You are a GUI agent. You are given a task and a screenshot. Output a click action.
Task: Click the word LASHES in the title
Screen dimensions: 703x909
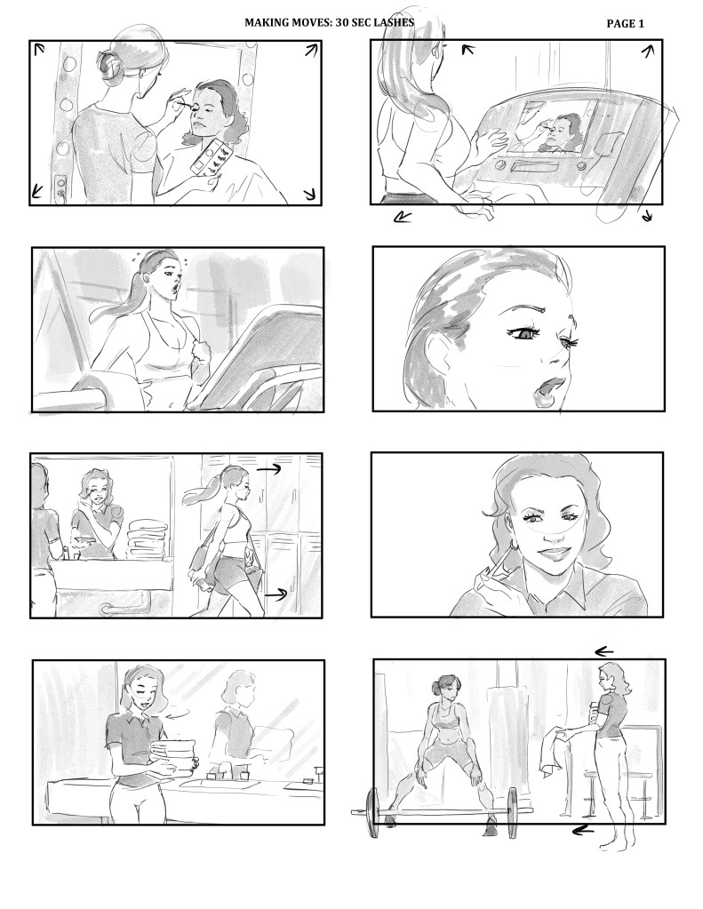pyautogui.click(x=395, y=22)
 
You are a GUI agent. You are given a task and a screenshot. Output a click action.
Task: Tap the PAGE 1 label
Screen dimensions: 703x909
pyautogui.click(x=625, y=24)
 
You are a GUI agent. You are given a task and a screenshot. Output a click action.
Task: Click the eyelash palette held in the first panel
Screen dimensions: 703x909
pyautogui.click(x=212, y=157)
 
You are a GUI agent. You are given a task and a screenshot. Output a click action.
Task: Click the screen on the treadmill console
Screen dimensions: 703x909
pyautogui.click(x=552, y=126)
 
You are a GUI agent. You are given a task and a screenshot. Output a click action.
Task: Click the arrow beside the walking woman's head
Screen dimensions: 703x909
pyautogui.click(x=268, y=468)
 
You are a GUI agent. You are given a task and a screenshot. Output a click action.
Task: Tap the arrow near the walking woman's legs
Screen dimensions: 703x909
pyautogui.click(x=276, y=594)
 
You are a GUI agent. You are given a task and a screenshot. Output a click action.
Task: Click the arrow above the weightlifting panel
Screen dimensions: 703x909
pyautogui.click(x=604, y=651)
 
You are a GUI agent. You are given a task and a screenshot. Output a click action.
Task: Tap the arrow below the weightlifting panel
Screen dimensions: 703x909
pyautogui.click(x=582, y=831)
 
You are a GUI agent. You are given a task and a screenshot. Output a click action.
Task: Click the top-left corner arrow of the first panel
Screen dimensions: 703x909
pyautogui.click(x=39, y=49)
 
